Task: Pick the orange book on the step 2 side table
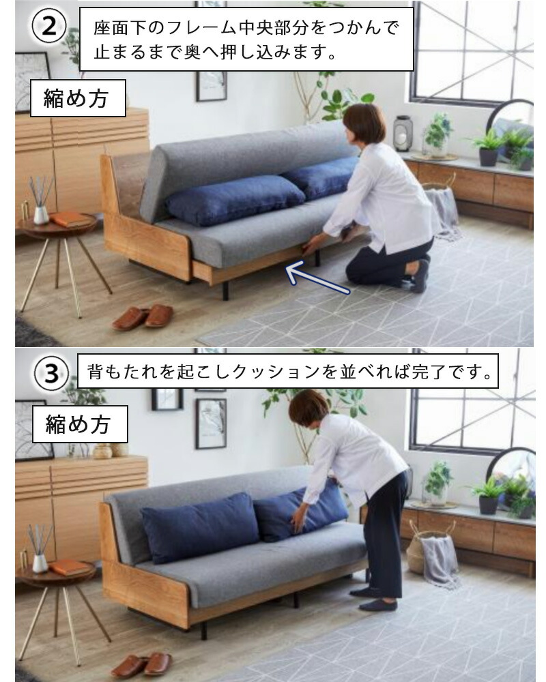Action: [70, 220]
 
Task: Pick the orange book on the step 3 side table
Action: [70, 567]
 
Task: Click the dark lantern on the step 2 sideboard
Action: [403, 133]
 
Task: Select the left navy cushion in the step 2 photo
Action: [235, 199]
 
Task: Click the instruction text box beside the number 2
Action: [246, 40]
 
